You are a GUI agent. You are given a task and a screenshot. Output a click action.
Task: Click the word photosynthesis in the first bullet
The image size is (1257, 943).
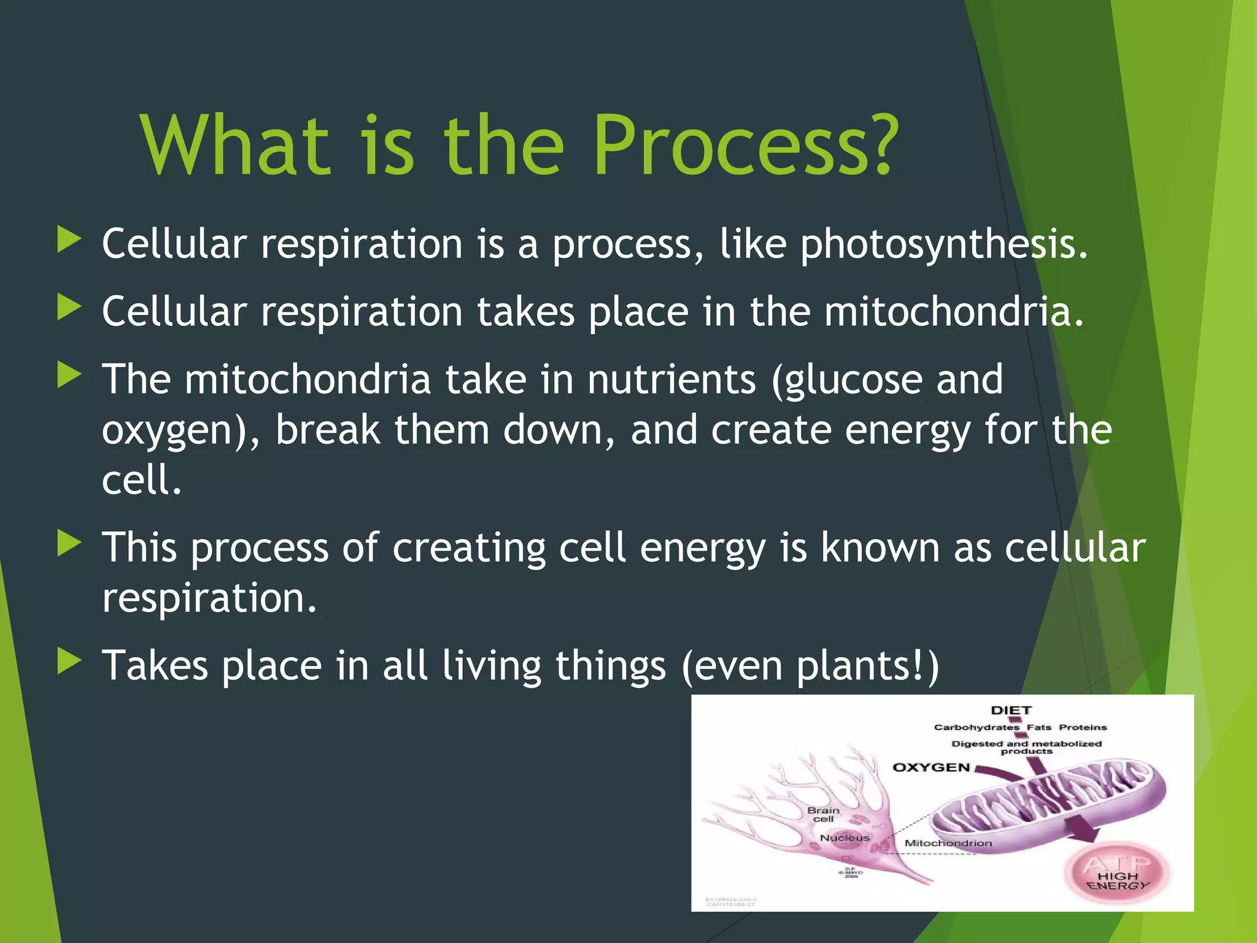943,245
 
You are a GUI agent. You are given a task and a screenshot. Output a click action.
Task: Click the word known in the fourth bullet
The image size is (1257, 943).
880,547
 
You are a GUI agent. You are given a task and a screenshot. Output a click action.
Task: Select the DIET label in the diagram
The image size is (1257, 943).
1011,710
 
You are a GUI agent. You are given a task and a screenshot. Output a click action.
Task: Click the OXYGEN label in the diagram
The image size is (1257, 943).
930,767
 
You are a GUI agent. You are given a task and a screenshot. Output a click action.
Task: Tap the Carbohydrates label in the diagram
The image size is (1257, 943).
976,728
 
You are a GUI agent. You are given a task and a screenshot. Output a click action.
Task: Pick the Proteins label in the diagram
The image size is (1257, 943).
1083,728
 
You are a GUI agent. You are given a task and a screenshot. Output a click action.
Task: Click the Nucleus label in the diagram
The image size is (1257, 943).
845,837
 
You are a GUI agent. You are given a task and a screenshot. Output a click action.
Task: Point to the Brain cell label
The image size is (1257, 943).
823,815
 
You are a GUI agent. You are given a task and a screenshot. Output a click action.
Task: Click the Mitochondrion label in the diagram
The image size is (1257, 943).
948,844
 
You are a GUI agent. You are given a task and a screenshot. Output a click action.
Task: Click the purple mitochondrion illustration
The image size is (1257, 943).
1043,804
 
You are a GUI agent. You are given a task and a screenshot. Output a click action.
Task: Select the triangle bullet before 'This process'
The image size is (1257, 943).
69,543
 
